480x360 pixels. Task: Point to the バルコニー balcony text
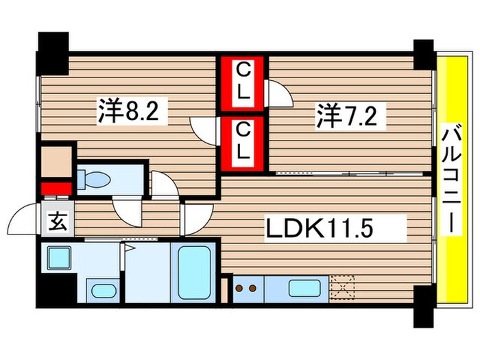451,180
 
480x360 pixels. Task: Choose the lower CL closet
243,141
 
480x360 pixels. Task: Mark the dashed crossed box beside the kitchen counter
341,287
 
